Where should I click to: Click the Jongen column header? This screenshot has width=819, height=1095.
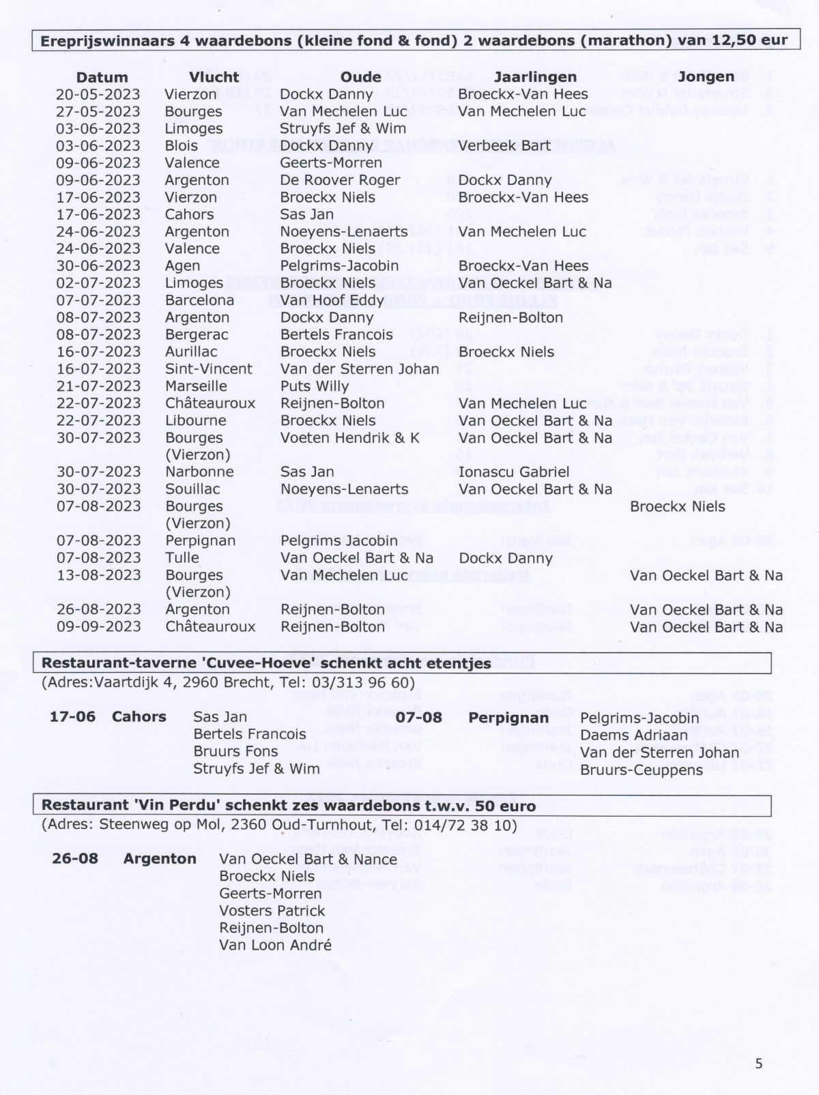(706, 77)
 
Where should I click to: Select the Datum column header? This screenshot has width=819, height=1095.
(102, 78)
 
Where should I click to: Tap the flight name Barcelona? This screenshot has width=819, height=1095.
(199, 300)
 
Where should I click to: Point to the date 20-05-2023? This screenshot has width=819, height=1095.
(98, 94)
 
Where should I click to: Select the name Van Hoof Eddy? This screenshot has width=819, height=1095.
(322, 300)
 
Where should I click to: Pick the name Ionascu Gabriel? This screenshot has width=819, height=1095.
(513, 472)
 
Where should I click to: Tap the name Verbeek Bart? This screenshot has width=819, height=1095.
(504, 145)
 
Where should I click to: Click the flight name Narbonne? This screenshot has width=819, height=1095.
(199, 472)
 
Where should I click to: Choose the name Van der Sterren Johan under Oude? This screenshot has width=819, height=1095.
(360, 369)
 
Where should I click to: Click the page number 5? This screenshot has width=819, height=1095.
(759, 1063)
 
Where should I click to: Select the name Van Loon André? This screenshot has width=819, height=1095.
(275, 946)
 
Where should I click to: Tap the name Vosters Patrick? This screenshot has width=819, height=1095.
(272, 911)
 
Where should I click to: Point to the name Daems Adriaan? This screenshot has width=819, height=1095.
(634, 735)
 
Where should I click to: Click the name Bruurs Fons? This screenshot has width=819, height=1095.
(235, 752)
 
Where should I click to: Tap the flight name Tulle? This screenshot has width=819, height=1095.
(182, 558)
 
